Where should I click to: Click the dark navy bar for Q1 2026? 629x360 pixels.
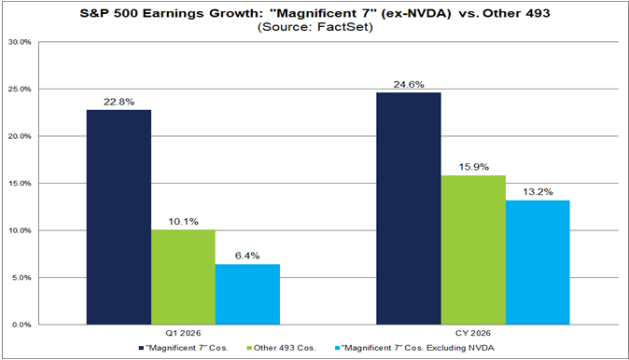point(119,217)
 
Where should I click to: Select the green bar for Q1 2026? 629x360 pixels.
point(183,277)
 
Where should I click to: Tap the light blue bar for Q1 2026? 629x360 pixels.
point(247,294)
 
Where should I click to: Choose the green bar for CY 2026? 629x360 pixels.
point(473,250)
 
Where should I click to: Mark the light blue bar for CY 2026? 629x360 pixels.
point(538,262)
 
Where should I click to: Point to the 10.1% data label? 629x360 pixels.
point(183,222)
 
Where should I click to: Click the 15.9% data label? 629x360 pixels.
point(473,167)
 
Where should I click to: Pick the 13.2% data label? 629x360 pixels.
point(538,192)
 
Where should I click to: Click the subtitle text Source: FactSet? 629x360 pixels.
point(314,28)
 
